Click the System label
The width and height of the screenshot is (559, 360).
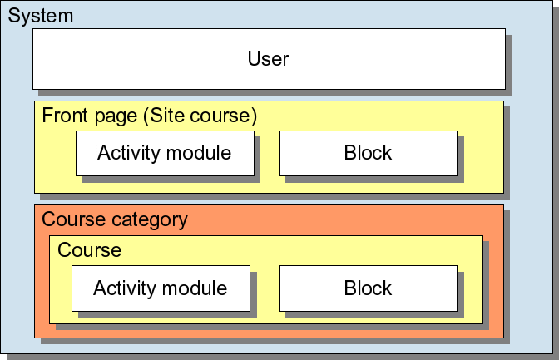pyautogui.click(x=41, y=16)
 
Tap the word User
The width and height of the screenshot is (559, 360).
pyautogui.click(x=268, y=59)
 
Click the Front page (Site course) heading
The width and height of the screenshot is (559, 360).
pyautogui.click(x=149, y=116)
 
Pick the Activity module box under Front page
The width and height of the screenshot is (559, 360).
pyautogui.click(x=164, y=153)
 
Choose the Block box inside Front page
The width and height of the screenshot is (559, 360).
pyautogui.click(x=368, y=153)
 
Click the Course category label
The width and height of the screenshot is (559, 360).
pyautogui.click(x=115, y=220)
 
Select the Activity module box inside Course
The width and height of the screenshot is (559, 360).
pyautogui.click(x=160, y=288)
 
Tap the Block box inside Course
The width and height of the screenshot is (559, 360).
pyautogui.click(x=368, y=288)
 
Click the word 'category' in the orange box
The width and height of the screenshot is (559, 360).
pyautogui.click(x=151, y=220)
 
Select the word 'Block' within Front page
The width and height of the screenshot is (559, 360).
pyautogui.click(x=368, y=153)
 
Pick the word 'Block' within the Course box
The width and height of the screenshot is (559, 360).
pyautogui.click(x=368, y=288)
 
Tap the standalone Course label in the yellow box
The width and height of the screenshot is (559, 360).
pyautogui.click(x=90, y=250)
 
